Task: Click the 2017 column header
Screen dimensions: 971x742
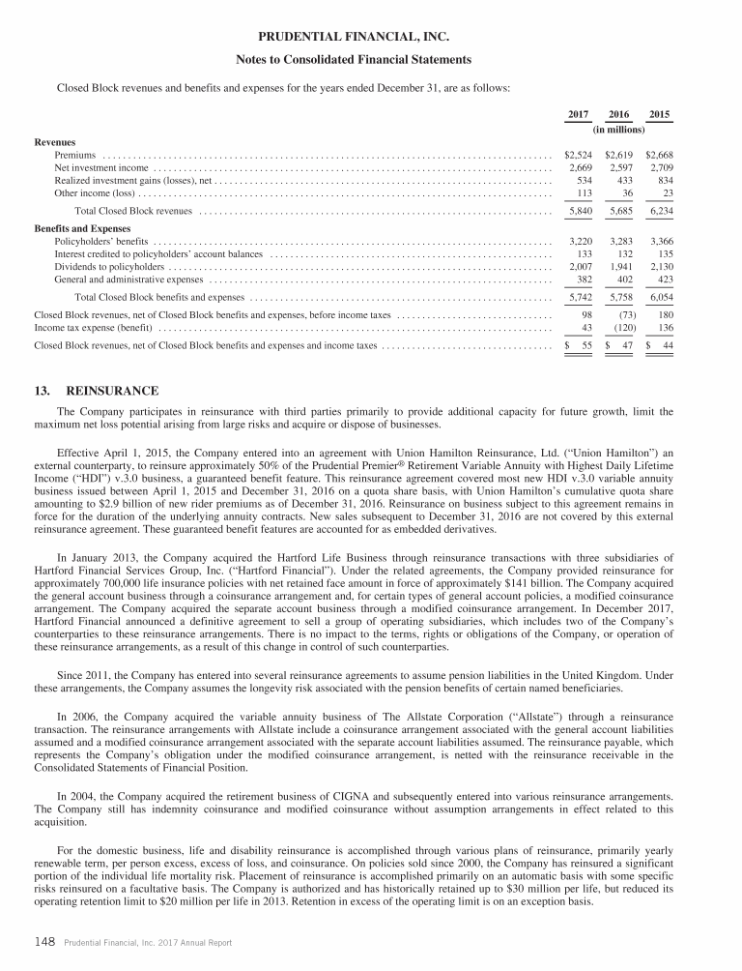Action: (579, 115)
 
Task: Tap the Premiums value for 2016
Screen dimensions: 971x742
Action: (618, 155)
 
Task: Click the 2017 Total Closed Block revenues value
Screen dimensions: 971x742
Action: (578, 210)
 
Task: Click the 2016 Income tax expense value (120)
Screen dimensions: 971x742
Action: (618, 329)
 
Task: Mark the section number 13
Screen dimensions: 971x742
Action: (42, 390)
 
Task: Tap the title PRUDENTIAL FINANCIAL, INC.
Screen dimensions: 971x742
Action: (370, 37)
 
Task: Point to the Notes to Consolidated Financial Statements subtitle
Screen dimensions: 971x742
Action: (370, 60)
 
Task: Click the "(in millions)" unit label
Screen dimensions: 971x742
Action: (618, 129)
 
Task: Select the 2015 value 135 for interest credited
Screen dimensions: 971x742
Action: (662, 253)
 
